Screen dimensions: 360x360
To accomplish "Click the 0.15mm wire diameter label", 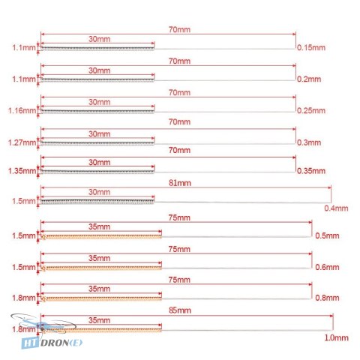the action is tap(311, 47).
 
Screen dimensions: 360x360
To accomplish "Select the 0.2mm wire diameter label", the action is tap(309, 79).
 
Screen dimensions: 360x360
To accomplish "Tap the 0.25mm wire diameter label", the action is tap(311, 110).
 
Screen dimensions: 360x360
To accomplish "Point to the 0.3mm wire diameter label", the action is tap(309, 142).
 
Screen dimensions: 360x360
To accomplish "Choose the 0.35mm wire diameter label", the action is tap(311, 171).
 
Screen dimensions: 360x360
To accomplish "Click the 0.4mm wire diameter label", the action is tap(336, 208).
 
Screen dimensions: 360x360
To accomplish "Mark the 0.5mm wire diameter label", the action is tap(327, 235).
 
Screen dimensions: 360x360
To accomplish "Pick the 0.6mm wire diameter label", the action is tap(327, 267).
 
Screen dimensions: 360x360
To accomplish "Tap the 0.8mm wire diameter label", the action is tap(327, 298).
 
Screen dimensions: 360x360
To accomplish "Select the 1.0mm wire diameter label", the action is tap(336, 337).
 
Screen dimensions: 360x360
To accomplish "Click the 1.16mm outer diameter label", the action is tap(22, 110).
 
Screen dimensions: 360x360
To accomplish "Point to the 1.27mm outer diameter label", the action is tap(22, 142).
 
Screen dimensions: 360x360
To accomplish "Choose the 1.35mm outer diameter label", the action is tap(22, 171).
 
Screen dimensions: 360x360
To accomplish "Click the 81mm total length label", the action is tap(180, 183).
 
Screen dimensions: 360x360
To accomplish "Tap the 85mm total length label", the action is tap(180, 310).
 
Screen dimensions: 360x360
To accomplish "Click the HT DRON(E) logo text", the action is tap(52, 343).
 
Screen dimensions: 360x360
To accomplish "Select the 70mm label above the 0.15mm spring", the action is tap(179, 29).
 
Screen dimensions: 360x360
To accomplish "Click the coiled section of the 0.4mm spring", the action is tap(97, 201).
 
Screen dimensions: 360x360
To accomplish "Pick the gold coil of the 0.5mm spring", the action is tap(101, 236).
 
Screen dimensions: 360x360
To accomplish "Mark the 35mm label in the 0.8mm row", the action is tap(99, 289).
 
